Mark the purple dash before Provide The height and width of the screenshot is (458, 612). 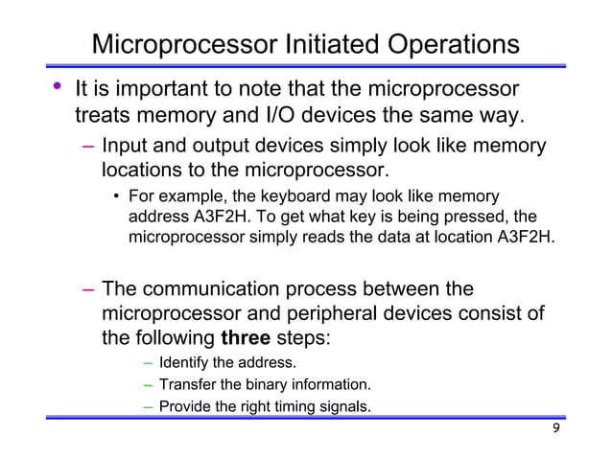coord(149,406)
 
